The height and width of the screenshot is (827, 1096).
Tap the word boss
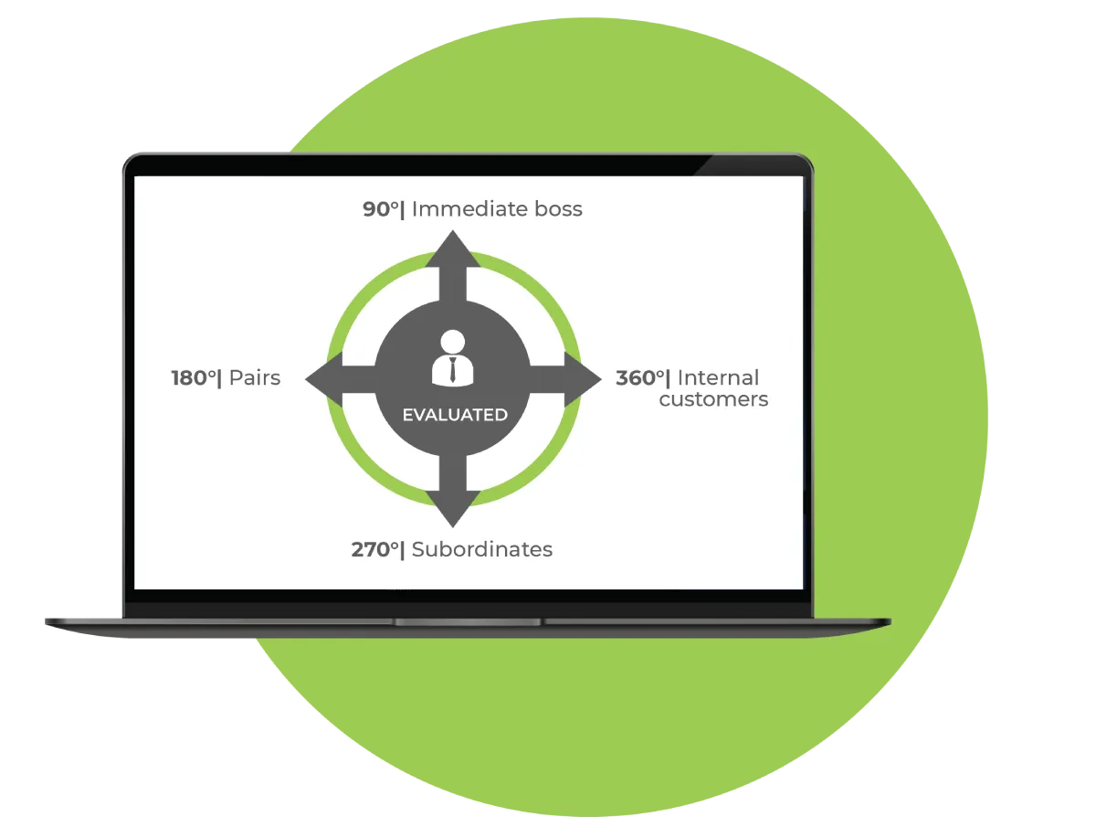pos(558,209)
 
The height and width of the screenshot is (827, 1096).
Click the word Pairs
pos(255,378)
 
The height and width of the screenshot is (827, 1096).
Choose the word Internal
pos(718,378)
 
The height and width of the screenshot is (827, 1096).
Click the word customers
pos(713,399)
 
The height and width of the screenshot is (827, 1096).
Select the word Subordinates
pos(482,550)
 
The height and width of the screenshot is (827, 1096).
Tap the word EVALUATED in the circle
pos(455,415)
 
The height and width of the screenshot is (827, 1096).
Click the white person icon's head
pos(453,343)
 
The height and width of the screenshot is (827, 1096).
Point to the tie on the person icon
pos(453,370)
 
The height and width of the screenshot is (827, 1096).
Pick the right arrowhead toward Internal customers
pos(584,378)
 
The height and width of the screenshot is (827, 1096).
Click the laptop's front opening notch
pos(468,622)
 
